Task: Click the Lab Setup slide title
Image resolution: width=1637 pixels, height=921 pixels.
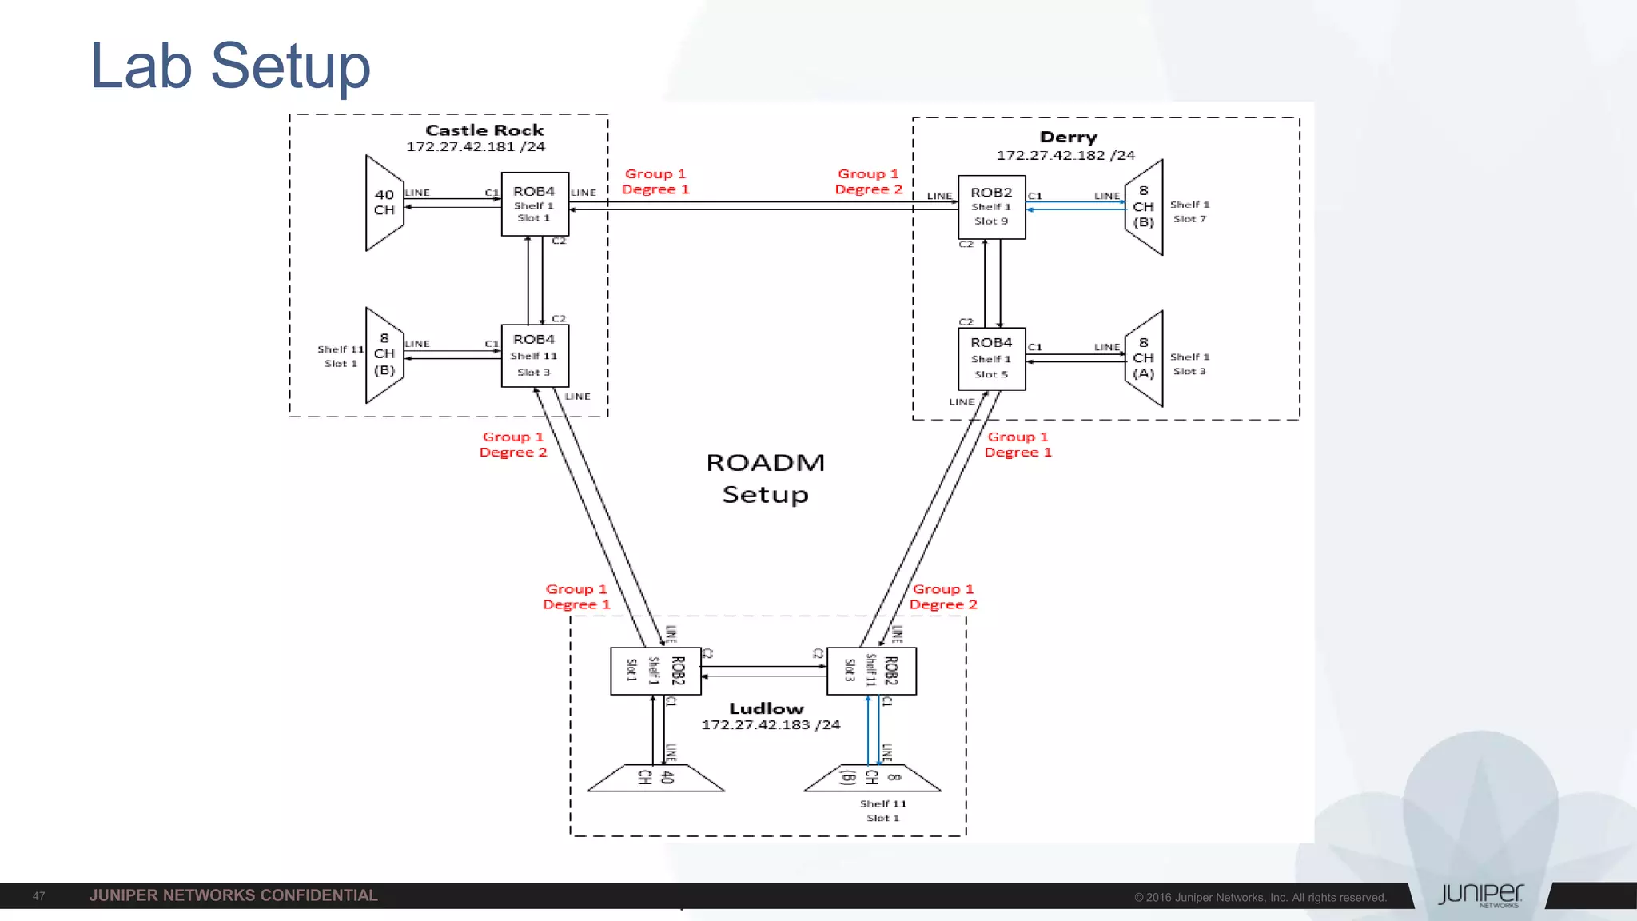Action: pyautogui.click(x=230, y=66)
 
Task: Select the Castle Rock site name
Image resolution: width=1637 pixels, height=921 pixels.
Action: pyautogui.click(x=484, y=130)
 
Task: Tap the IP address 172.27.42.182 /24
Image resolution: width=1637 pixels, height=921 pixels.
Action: pyautogui.click(x=1065, y=155)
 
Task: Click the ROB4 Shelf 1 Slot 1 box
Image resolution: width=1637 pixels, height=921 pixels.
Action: pyautogui.click(x=535, y=204)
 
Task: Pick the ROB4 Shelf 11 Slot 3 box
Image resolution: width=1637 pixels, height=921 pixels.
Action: pyautogui.click(x=535, y=356)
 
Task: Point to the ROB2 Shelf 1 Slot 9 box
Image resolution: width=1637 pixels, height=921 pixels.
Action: pyautogui.click(x=991, y=207)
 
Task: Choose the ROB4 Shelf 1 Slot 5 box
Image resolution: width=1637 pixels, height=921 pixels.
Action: pyautogui.click(x=991, y=359)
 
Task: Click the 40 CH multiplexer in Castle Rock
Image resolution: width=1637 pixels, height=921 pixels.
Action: pyautogui.click(x=384, y=203)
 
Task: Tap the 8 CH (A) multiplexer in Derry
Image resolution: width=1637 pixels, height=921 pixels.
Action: pyautogui.click(x=1144, y=358)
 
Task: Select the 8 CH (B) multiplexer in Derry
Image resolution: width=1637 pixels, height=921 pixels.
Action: pyautogui.click(x=1144, y=207)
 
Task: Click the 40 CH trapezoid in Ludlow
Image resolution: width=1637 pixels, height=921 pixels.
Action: pyautogui.click(x=656, y=778)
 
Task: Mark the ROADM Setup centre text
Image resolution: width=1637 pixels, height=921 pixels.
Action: pyautogui.click(x=765, y=478)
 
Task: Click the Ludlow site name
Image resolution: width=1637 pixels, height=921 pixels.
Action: pyautogui.click(x=766, y=708)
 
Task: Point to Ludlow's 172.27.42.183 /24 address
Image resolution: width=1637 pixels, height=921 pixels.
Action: pyautogui.click(x=771, y=725)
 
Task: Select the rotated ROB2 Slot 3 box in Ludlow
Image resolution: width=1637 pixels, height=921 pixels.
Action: pyautogui.click(x=871, y=671)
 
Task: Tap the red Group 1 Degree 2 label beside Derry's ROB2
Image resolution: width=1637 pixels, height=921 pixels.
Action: pyautogui.click(x=868, y=181)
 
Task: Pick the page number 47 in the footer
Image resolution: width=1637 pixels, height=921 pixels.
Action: pyautogui.click(x=38, y=896)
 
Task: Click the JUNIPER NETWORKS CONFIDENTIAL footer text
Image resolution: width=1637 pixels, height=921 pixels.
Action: pyautogui.click(x=233, y=895)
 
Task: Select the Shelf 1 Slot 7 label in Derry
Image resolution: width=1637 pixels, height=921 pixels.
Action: pyautogui.click(x=1189, y=212)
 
